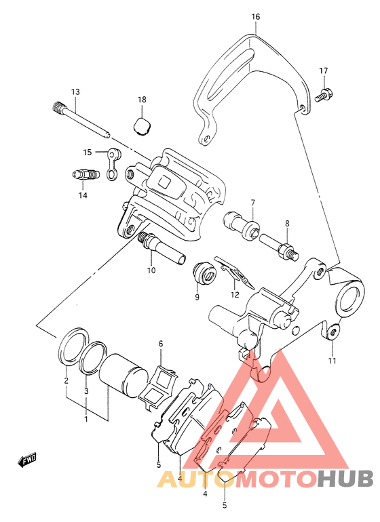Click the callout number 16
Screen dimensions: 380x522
click(256, 16)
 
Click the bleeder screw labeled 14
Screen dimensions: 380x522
click(85, 174)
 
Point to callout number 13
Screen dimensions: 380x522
click(76, 92)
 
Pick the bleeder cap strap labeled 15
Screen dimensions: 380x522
click(113, 164)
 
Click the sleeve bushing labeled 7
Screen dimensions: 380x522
click(240, 225)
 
